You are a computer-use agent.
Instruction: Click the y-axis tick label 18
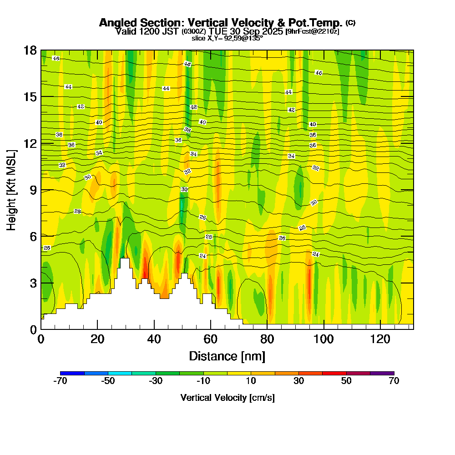pyautogui.click(x=30, y=50)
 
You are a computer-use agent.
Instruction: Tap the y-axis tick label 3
pyautogui.click(x=33, y=283)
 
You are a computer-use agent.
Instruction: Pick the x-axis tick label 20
pyautogui.click(x=97, y=339)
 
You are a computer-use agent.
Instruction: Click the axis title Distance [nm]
pyautogui.click(x=227, y=356)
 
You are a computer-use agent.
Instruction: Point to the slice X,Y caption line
pyautogui.click(x=227, y=38)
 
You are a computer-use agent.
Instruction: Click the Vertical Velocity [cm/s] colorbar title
pyautogui.click(x=227, y=398)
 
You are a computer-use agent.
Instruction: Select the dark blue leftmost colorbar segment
pyautogui.click(x=72, y=373)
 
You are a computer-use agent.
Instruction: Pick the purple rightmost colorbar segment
pyautogui.click(x=382, y=373)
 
